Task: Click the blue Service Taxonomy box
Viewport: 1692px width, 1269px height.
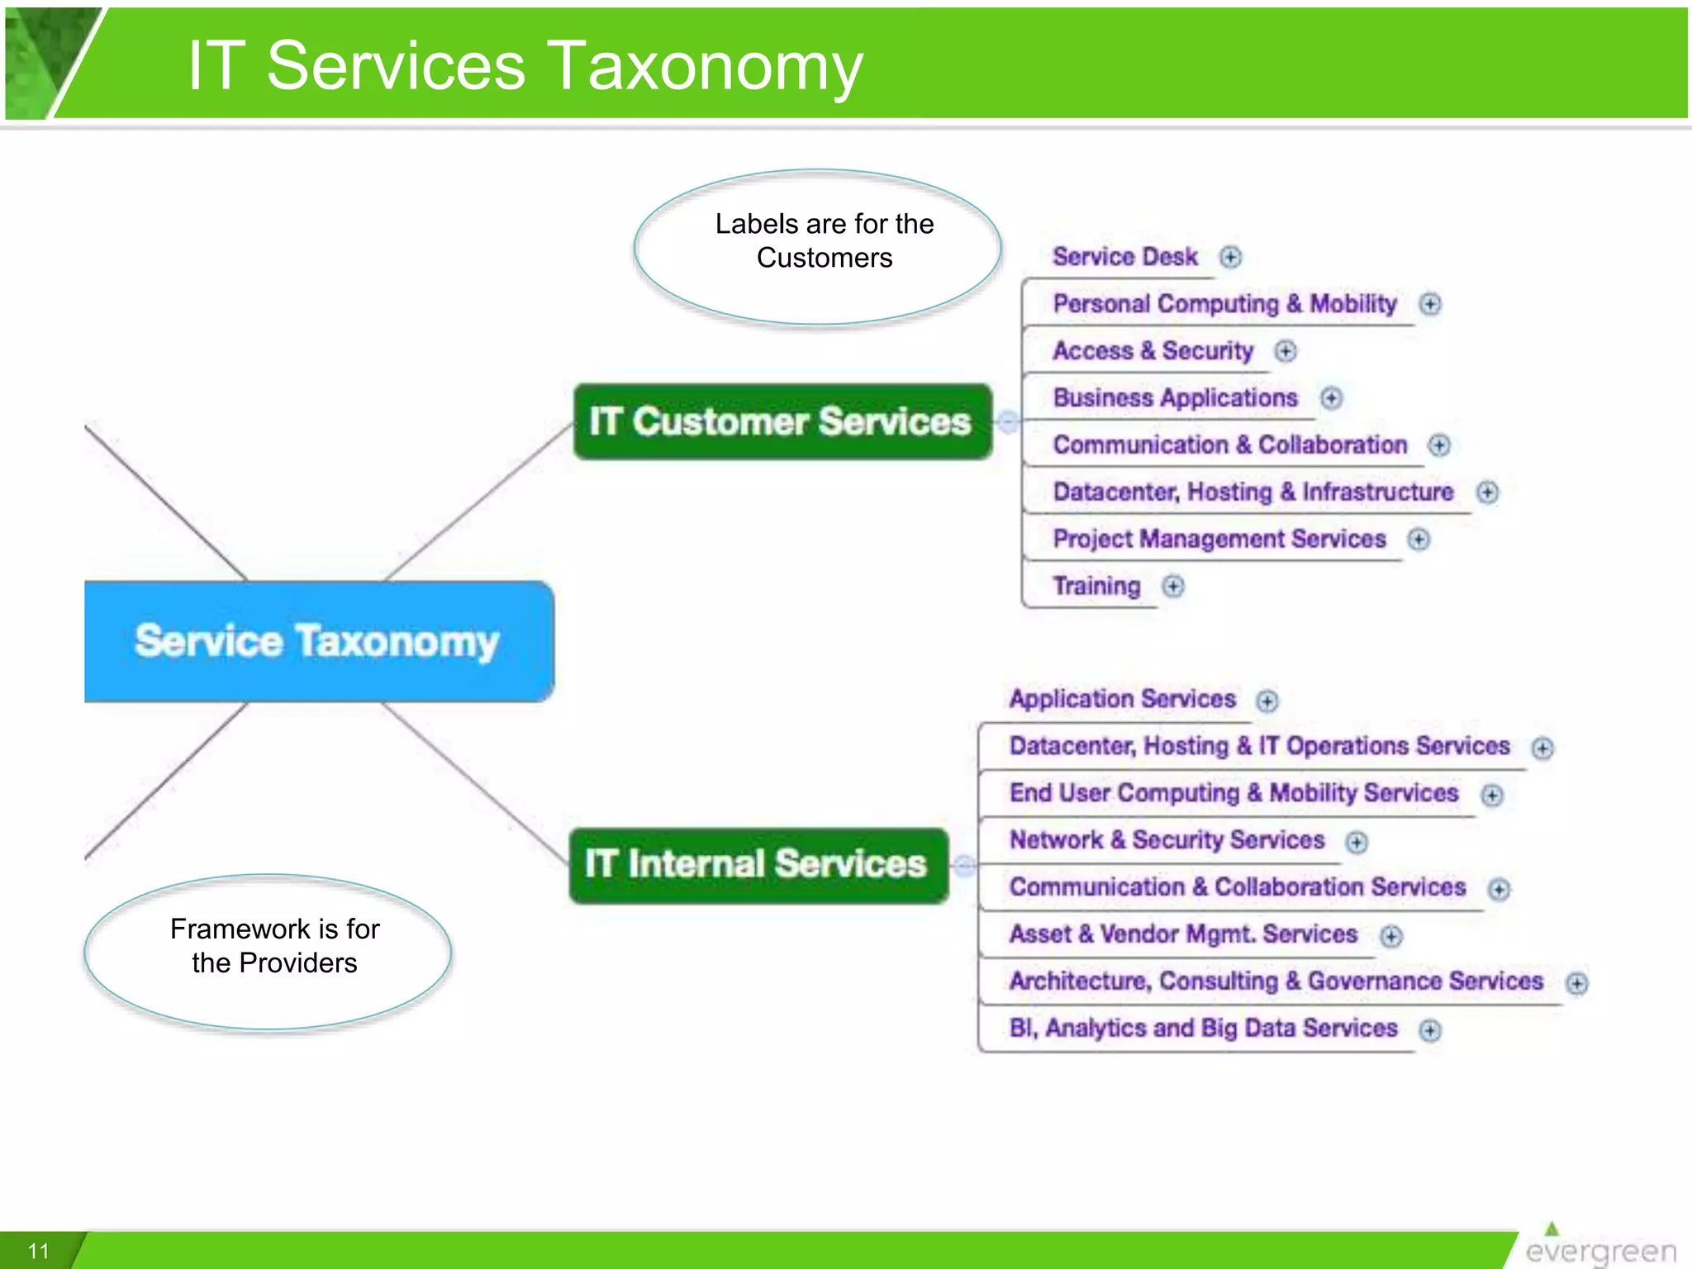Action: (318, 641)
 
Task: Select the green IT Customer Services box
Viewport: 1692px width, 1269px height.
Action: (782, 421)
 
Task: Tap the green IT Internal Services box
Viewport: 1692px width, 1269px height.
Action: (758, 864)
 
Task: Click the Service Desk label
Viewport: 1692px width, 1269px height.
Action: (1124, 257)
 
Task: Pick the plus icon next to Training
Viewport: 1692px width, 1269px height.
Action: (1172, 587)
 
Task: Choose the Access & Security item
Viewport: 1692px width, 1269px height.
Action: (1153, 351)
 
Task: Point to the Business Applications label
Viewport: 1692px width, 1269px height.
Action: (1175, 398)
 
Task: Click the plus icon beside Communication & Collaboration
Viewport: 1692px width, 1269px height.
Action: (1438, 445)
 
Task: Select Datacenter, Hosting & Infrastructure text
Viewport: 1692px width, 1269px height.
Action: (1252, 492)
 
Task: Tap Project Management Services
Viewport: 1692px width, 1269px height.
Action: (1219, 539)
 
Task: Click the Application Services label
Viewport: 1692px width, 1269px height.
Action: (1122, 700)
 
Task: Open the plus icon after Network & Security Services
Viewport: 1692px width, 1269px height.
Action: (1356, 842)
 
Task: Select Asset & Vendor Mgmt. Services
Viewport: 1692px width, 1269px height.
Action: (1183, 934)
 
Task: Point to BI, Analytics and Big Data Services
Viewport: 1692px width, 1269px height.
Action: (1203, 1029)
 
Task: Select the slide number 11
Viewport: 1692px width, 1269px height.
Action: (39, 1251)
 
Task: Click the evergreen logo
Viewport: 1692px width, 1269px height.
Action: (1599, 1248)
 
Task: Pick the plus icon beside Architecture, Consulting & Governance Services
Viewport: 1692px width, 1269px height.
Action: (1576, 983)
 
